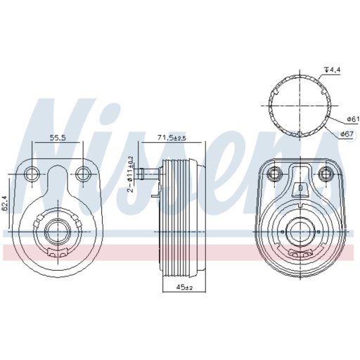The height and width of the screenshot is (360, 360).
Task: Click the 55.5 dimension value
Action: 57,139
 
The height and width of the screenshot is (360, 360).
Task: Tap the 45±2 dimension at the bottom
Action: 184,286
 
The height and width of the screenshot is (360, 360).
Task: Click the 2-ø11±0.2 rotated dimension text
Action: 130,174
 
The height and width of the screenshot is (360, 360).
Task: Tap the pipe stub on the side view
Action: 148,172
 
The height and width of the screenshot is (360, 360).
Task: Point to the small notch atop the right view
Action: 300,188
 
